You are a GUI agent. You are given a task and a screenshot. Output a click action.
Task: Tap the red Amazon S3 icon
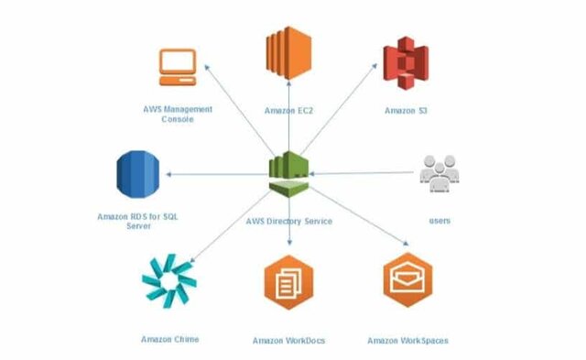point(404,58)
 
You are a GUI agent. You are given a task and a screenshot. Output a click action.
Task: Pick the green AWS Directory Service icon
point(290,172)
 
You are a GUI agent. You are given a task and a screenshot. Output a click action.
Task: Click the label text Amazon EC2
point(290,110)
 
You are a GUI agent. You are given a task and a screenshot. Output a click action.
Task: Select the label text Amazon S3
point(406,110)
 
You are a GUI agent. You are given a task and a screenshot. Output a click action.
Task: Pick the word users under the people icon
point(439,221)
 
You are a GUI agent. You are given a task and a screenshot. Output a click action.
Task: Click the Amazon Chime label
point(169,339)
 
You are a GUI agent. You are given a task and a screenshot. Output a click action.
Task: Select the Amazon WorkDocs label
point(288,341)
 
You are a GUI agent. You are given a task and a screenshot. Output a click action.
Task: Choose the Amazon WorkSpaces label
point(407,341)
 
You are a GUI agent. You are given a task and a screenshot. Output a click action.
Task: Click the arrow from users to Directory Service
point(366,173)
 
